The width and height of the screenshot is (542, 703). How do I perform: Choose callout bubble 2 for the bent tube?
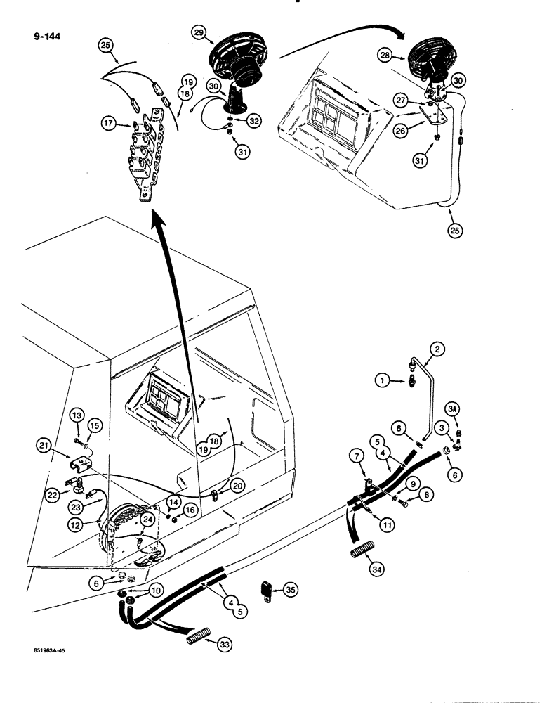tap(436, 349)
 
